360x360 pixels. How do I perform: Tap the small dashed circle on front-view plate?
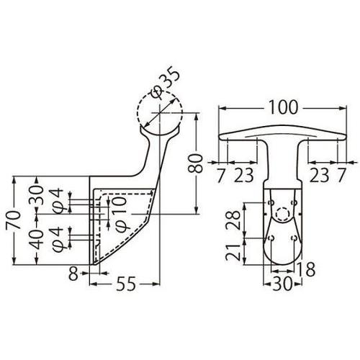(283, 214)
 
